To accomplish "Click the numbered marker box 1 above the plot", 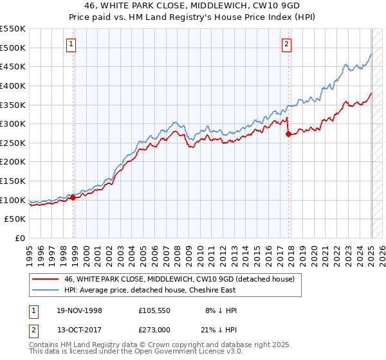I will click(x=70, y=44).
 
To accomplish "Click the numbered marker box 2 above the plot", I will click(x=286, y=44).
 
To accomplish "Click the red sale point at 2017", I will click(x=288, y=134).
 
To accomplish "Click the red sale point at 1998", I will click(x=73, y=198).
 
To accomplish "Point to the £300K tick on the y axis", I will click(x=14, y=123).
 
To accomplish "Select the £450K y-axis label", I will click(x=14, y=66).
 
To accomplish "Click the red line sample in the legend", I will click(x=45, y=279).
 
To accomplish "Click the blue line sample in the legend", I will click(x=45, y=289).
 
